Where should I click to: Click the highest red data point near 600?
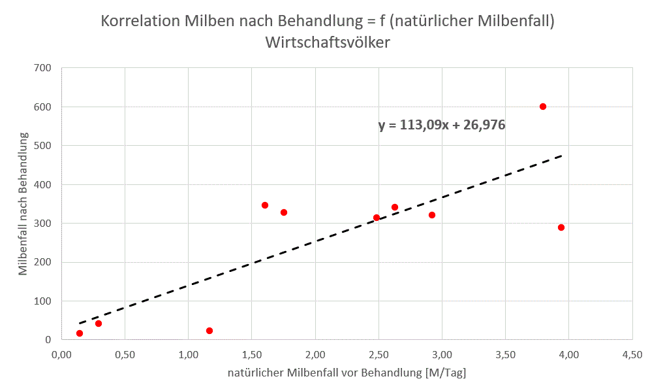tap(542, 107)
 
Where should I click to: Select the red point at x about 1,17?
tap(209, 331)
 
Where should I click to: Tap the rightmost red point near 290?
tap(561, 227)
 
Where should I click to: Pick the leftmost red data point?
tap(80, 333)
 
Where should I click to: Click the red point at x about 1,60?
tap(265, 205)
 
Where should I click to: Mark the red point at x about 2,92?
tap(432, 215)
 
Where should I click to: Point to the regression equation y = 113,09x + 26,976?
tap(442, 125)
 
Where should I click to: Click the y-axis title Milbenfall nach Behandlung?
tap(23, 203)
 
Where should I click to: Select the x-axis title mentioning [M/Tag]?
tap(347, 373)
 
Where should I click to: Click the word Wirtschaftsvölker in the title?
tap(328, 42)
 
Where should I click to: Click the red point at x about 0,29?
tap(99, 324)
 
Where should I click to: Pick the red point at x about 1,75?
tap(284, 212)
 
